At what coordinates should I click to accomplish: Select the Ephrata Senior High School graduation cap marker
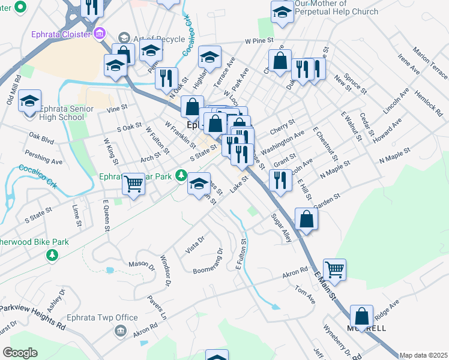28,102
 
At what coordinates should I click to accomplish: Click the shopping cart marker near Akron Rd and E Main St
334,269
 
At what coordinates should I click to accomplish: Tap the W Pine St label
259,41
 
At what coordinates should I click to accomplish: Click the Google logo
20,352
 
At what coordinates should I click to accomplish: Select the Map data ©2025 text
423,355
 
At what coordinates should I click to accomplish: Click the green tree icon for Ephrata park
181,175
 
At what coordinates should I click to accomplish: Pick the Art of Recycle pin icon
124,38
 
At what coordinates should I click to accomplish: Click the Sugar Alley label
282,228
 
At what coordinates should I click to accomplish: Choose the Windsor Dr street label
166,270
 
